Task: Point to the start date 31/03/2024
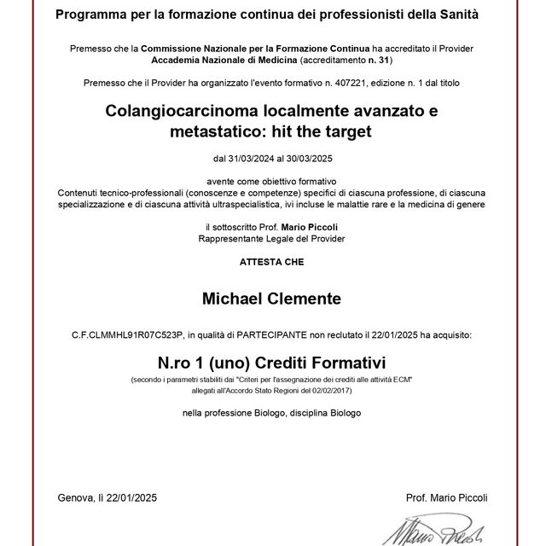[x=253, y=159]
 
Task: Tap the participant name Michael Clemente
[x=270, y=299]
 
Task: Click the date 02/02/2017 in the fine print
[x=330, y=389]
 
